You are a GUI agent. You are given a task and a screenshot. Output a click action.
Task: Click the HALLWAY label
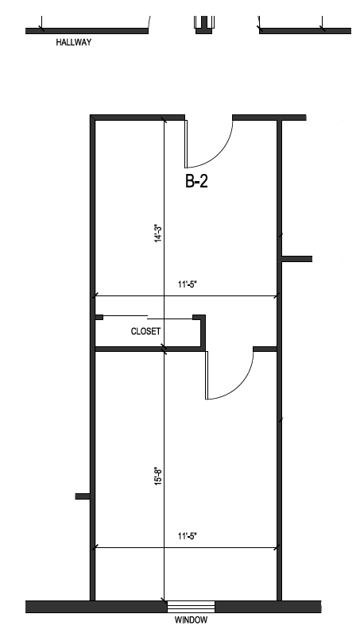(74, 42)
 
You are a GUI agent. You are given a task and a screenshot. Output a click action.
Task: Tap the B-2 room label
(196, 181)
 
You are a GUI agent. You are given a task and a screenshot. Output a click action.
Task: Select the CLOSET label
(145, 331)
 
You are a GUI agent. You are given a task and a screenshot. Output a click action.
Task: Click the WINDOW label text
(191, 620)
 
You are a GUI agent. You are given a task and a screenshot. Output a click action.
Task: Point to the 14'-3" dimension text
(158, 234)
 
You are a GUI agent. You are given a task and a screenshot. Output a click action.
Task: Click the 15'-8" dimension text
(158, 476)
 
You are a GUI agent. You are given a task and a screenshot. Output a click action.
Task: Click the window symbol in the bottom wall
(191, 607)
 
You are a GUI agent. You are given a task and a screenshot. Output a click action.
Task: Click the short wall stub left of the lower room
(83, 496)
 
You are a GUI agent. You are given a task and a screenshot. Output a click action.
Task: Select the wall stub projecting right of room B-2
(297, 259)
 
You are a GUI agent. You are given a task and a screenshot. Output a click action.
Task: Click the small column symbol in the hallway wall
(204, 25)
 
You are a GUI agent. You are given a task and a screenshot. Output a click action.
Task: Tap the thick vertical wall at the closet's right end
(203, 333)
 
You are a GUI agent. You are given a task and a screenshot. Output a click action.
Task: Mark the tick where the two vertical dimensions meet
(165, 349)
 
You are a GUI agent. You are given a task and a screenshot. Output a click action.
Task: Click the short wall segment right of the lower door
(265, 349)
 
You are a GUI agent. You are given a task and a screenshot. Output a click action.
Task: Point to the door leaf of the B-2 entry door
(186, 144)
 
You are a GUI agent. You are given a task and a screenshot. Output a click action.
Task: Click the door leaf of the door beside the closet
(207, 376)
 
